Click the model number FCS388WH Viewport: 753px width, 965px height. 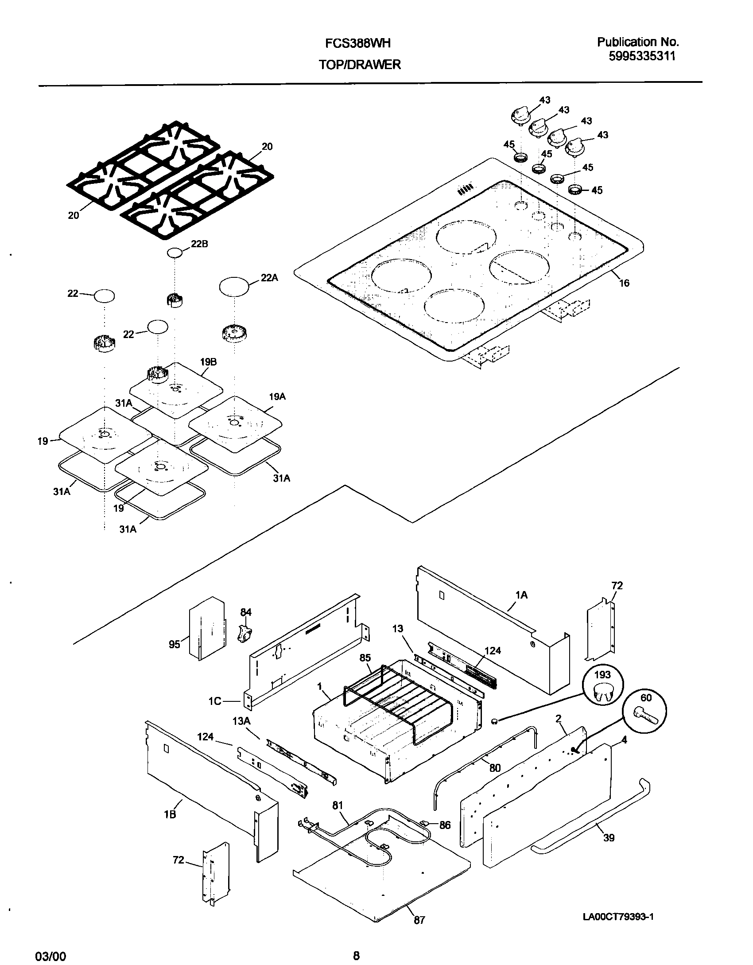coord(358,43)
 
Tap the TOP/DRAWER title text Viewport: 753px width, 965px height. coord(360,65)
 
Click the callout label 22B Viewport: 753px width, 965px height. coord(199,244)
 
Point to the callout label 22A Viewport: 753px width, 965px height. coord(269,277)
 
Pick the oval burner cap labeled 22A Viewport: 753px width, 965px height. coord(234,286)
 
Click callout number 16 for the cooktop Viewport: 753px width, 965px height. coord(624,283)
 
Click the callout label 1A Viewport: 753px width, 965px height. coord(521,595)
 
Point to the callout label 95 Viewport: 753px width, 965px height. coord(175,644)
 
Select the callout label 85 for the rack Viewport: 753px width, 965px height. coord(365,658)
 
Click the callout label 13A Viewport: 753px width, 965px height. coord(241,721)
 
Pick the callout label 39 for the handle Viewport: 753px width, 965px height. coord(609,837)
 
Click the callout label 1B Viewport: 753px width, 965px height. coord(170,814)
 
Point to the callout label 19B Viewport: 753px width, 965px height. coord(208,362)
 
